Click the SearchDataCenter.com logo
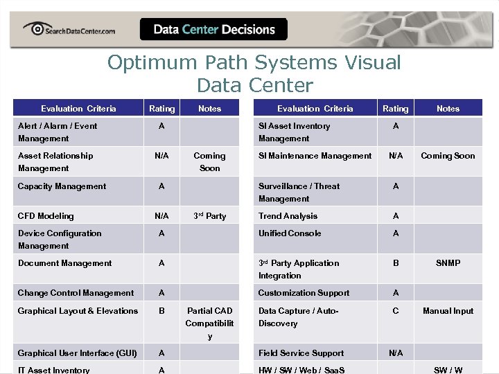pyautogui.click(x=69, y=29)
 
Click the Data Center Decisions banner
pyautogui.click(x=213, y=29)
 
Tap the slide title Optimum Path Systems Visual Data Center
pyautogui.click(x=254, y=73)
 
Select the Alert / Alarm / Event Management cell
pyautogui.click(x=58, y=132)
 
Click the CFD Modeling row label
pyautogui.click(x=46, y=216)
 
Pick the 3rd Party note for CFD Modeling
pyautogui.click(x=209, y=216)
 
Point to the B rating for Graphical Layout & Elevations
pyautogui.click(x=161, y=311)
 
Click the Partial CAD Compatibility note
pyautogui.click(x=209, y=323)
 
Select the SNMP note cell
pyautogui.click(x=448, y=263)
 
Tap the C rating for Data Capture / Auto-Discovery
pyautogui.click(x=396, y=311)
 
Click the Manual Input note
pyautogui.click(x=448, y=311)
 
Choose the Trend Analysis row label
pyautogui.click(x=288, y=216)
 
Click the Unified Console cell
pyautogui.click(x=290, y=233)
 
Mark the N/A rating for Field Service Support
pyautogui.click(x=396, y=353)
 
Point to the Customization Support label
pyautogui.click(x=304, y=293)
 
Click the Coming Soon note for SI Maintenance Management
pyautogui.click(x=448, y=156)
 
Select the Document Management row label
pyautogui.click(x=64, y=263)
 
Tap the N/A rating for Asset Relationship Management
pyautogui.click(x=161, y=156)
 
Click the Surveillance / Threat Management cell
pyautogui.click(x=299, y=193)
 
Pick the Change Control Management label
pyautogui.click(x=76, y=293)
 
